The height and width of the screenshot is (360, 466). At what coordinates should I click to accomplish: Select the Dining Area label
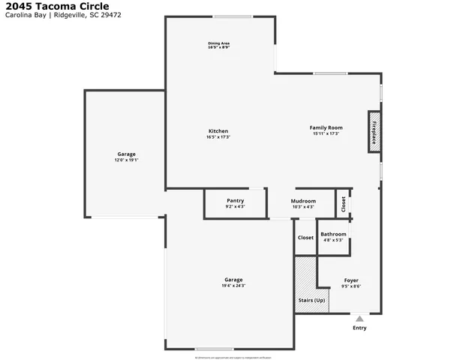pos(218,43)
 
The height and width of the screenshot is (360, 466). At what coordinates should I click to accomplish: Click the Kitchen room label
pos(218,131)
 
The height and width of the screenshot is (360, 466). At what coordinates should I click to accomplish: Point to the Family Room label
pos(326,127)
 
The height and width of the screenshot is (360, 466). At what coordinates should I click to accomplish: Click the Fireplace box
pos(374,132)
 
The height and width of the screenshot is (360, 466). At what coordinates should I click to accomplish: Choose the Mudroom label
pos(303,201)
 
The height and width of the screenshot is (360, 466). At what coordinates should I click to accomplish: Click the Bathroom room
pos(333,234)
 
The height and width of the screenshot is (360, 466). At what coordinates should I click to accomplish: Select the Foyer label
pos(351,280)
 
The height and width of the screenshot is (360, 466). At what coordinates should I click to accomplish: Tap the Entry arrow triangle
pos(359,319)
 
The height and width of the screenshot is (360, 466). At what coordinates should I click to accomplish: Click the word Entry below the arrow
pos(359,328)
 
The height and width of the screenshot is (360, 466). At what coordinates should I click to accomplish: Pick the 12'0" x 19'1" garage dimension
pos(125,160)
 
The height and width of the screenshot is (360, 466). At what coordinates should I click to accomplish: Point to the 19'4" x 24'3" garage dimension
pos(233,286)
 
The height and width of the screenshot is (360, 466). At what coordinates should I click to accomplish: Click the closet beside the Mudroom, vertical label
pos(344,203)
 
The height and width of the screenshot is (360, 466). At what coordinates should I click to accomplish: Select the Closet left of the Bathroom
pos(305,238)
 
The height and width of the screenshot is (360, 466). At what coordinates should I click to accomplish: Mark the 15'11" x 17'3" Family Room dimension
pos(326,133)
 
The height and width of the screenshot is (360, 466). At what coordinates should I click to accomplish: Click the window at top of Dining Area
pos(232,17)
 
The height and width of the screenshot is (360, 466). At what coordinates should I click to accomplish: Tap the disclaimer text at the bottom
pos(233,358)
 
